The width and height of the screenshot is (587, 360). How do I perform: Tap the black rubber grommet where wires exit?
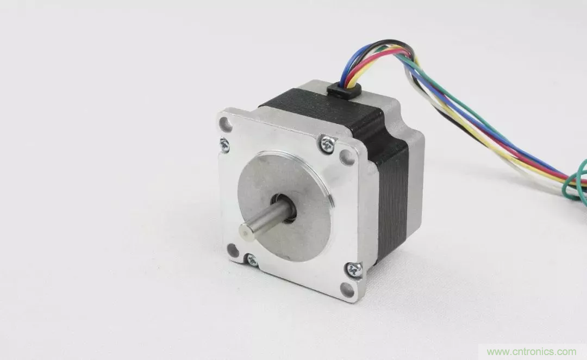tap(344, 90)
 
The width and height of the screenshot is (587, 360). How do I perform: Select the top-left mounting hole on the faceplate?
tap(226, 124)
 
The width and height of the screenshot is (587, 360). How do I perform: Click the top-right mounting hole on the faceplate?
tap(347, 157)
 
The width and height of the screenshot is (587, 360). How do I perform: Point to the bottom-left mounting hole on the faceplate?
tap(233, 250)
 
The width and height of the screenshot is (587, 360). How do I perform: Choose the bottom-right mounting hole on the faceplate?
tap(347, 289)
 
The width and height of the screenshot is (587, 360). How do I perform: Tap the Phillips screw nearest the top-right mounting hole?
tap(328, 144)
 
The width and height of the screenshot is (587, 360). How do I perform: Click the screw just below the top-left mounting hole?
tap(224, 145)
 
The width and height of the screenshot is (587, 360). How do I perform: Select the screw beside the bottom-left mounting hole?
tap(252, 259)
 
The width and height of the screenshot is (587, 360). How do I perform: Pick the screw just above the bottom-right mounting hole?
tap(354, 269)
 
